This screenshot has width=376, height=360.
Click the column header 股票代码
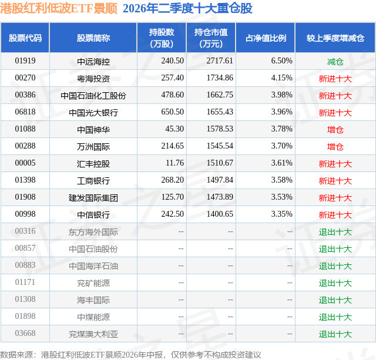(x=25, y=38)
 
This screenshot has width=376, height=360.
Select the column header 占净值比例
(x=266, y=38)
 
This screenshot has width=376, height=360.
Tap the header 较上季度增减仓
(x=335, y=38)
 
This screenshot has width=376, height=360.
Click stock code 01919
(x=25, y=60)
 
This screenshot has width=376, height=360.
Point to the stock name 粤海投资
(x=93, y=79)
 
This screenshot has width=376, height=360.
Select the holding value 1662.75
(x=220, y=95)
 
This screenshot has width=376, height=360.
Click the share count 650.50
(x=172, y=112)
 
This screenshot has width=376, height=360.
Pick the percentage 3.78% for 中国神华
(x=282, y=129)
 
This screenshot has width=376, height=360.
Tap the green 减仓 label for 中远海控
(x=335, y=62)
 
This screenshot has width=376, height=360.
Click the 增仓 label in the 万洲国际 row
(x=335, y=147)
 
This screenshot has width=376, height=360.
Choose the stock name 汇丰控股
(x=93, y=164)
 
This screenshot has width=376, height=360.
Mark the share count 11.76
(x=175, y=163)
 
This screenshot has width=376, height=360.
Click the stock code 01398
(x=25, y=180)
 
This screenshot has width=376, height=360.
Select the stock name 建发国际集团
(x=93, y=198)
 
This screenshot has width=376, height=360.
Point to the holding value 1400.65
(x=220, y=214)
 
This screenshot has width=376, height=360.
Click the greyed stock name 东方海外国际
(x=93, y=232)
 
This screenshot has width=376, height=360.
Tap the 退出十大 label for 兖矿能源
(x=335, y=283)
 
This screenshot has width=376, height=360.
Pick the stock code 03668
(x=25, y=333)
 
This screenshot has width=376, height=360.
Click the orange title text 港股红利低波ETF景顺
(x=59, y=8)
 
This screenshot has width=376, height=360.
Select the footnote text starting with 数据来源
(x=130, y=355)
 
